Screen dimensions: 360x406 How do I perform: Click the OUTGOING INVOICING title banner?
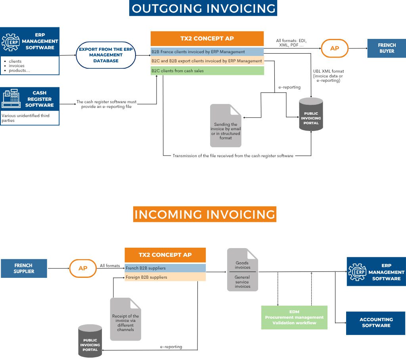tap(203, 8)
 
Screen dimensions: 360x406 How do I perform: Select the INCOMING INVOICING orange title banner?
tap(205, 214)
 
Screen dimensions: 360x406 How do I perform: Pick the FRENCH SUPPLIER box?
tap(24, 268)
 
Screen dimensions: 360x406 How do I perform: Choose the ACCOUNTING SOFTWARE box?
tap(375, 323)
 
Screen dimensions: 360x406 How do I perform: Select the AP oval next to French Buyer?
tap(335, 48)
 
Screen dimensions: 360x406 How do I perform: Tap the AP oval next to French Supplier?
tap(83, 268)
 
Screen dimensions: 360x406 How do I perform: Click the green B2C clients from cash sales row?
tap(207, 71)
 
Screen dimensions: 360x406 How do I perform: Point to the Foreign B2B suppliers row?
tap(165, 277)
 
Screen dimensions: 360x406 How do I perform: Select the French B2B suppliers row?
tap(165, 268)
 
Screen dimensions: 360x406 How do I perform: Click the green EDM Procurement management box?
tap(294, 317)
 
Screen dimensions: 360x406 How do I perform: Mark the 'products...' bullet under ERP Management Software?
tap(20, 71)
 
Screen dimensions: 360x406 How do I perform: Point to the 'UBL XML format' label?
tap(328, 71)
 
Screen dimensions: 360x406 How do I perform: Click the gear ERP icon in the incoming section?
tap(358, 271)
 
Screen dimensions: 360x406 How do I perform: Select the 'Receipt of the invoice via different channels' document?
tap(125, 319)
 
